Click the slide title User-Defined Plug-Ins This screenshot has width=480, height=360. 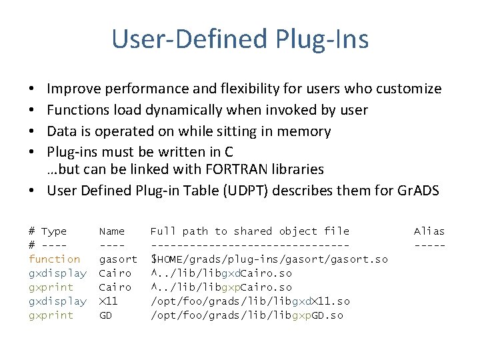click(x=240, y=39)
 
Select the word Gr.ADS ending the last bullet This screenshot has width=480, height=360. click(x=418, y=191)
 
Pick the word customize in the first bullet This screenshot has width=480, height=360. click(x=409, y=89)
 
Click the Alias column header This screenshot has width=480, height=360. click(x=429, y=231)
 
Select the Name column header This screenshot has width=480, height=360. click(x=112, y=231)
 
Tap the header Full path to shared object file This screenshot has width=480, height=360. click(x=249, y=231)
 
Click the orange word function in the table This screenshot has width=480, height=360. click(x=54, y=259)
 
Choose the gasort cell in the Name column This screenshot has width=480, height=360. click(x=118, y=259)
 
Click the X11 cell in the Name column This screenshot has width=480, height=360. click(x=109, y=301)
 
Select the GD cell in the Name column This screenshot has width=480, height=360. click(x=105, y=315)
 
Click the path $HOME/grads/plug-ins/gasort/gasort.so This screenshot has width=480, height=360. click(x=269, y=259)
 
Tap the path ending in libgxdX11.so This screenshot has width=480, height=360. click(x=249, y=301)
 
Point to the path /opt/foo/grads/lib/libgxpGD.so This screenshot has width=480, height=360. click(x=247, y=315)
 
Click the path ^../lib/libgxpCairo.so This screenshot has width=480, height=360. click(x=221, y=287)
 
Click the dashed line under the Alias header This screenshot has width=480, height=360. click(x=429, y=245)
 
